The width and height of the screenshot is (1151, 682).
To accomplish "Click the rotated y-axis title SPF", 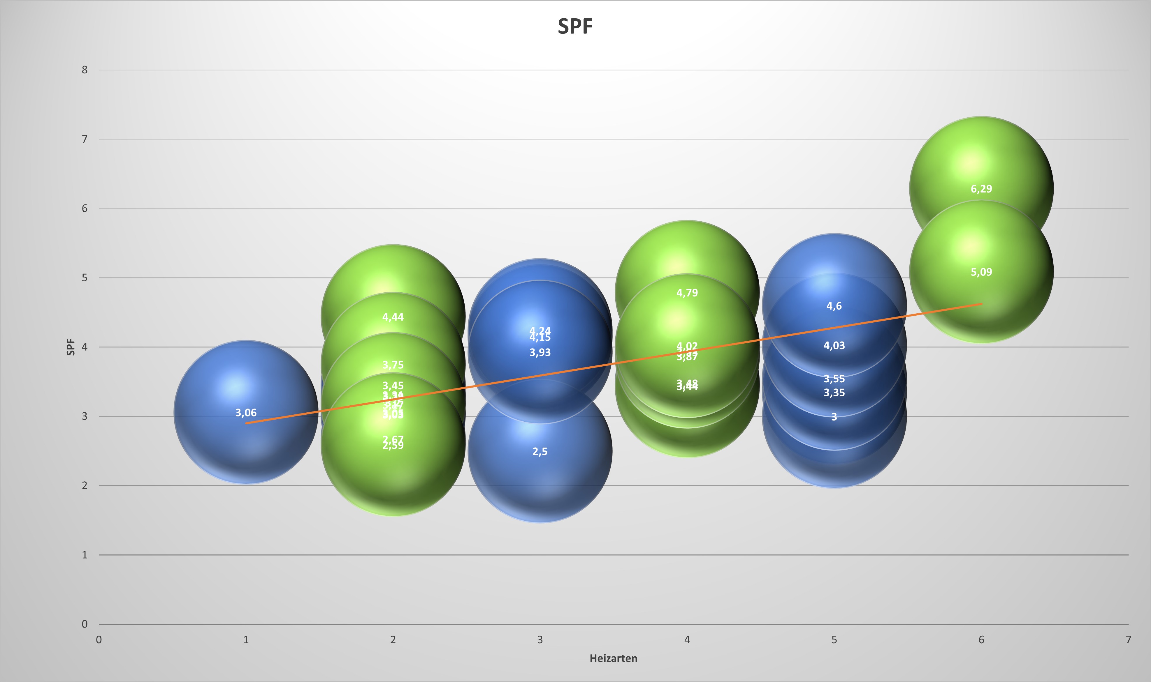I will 70,347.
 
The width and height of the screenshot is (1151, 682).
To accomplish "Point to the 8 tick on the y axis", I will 85,70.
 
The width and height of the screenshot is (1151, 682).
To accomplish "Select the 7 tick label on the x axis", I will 1128,639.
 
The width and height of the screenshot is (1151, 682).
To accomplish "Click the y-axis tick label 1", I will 85,555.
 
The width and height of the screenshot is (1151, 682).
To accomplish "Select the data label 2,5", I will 540,452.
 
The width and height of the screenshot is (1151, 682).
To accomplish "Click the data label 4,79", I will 687,293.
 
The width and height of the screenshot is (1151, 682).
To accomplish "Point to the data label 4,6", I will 834,306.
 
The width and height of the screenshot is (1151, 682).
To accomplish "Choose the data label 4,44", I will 393,317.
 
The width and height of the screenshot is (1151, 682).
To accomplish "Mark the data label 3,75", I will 393,365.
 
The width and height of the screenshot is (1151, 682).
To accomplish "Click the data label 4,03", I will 834,346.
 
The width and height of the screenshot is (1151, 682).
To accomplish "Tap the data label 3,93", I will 540,352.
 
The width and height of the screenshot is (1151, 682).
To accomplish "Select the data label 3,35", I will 834,393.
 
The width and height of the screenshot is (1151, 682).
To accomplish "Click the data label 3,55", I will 834,379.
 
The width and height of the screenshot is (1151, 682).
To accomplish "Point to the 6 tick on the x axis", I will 981,639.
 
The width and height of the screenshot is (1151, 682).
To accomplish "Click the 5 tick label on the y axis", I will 85,278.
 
